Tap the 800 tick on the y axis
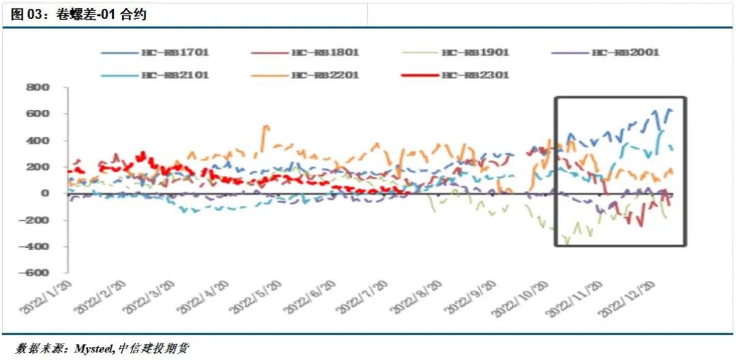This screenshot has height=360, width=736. point(38,88)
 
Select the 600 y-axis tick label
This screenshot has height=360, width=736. point(38,115)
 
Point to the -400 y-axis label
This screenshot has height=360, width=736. point(35,247)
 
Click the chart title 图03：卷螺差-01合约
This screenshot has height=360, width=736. point(78,14)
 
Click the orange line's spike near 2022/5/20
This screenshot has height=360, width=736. point(265,126)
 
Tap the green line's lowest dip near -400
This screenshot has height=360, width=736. point(566,241)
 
